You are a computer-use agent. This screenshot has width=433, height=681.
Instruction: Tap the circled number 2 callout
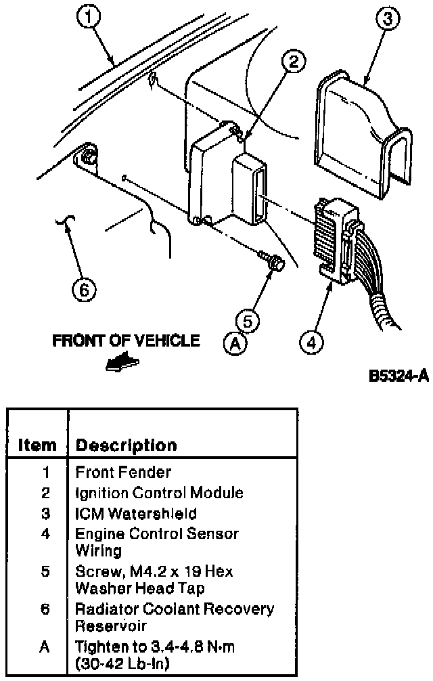294,61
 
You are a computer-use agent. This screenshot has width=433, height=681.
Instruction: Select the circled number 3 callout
387,19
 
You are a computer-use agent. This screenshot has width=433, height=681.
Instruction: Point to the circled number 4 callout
311,343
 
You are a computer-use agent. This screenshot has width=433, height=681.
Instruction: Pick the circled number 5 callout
248,322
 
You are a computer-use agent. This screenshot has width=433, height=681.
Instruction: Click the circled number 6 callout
84,289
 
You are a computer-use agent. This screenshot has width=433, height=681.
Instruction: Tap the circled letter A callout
235,344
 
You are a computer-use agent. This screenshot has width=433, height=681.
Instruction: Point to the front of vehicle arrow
122,362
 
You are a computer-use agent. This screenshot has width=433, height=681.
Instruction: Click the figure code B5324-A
398,376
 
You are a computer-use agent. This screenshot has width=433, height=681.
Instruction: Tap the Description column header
127,445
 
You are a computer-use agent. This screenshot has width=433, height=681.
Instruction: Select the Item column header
37,445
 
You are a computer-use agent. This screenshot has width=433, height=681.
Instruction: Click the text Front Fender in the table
123,472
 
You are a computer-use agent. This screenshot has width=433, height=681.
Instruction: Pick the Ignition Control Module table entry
159,493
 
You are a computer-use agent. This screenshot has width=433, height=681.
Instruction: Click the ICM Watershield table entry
136,514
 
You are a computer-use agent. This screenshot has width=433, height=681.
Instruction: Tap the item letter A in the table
45,647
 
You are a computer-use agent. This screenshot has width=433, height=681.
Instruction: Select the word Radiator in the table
106,609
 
